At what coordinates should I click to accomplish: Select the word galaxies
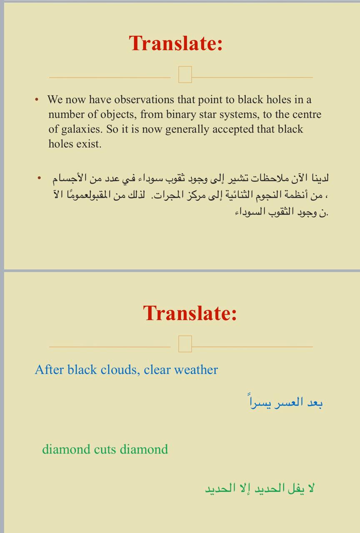[x=82, y=130]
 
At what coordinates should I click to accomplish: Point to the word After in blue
[x=49, y=370]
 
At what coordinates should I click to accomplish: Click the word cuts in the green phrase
[x=105, y=449]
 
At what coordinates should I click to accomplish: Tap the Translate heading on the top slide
[x=176, y=43]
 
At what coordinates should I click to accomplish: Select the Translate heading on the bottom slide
[x=190, y=313]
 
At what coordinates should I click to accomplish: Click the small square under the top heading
[x=185, y=75]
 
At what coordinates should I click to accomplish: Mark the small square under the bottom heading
[x=185, y=344]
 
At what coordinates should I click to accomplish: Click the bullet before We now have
[x=37, y=100]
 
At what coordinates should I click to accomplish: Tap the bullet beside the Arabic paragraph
[x=40, y=178]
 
